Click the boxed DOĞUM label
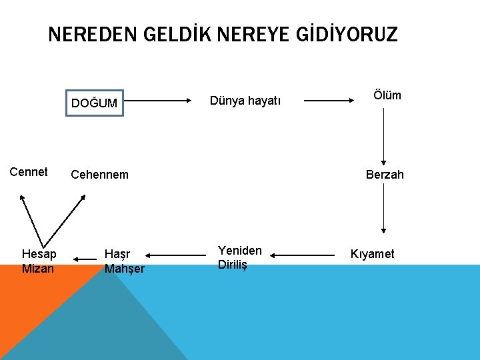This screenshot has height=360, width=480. click(95, 103)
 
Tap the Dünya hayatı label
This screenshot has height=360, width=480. click(245, 101)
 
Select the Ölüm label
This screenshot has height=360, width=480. click(387, 95)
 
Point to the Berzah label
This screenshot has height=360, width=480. click(385, 175)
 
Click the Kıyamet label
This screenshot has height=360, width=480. click(372, 254)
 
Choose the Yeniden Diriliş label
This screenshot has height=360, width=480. click(239, 257)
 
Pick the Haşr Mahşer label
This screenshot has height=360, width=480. click(124, 261)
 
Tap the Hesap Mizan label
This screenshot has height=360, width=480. click(39, 261)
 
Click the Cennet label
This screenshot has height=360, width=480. click(29, 172)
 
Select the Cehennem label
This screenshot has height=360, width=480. click(99, 175)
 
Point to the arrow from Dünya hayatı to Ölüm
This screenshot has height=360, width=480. click(329, 101)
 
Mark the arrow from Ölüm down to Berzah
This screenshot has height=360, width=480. click(383, 137)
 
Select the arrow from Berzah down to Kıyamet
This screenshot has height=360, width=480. click(383, 208)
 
